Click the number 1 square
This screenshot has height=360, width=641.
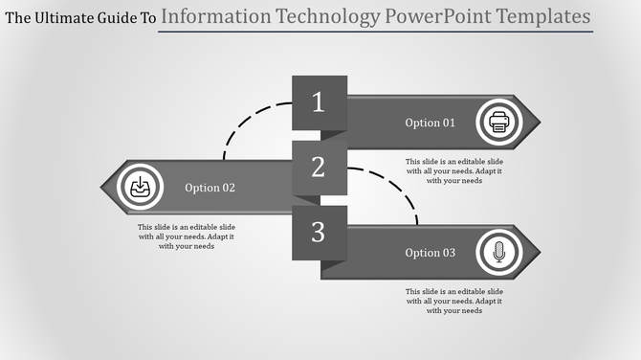point(319,102)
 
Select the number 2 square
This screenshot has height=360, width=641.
point(319,168)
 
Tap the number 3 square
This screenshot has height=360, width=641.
point(319,232)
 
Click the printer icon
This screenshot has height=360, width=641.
point(498,122)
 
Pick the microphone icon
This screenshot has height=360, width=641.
point(498,252)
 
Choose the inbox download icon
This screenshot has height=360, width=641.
point(140,187)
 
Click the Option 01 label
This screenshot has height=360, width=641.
point(431,123)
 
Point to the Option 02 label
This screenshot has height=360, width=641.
point(210,188)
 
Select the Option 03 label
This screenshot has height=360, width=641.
point(431,253)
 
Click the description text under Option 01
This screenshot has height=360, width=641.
point(453,170)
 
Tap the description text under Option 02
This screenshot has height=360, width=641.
point(187,236)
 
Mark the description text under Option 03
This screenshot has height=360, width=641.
point(453,301)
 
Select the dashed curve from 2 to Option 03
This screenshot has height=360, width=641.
point(397,186)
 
